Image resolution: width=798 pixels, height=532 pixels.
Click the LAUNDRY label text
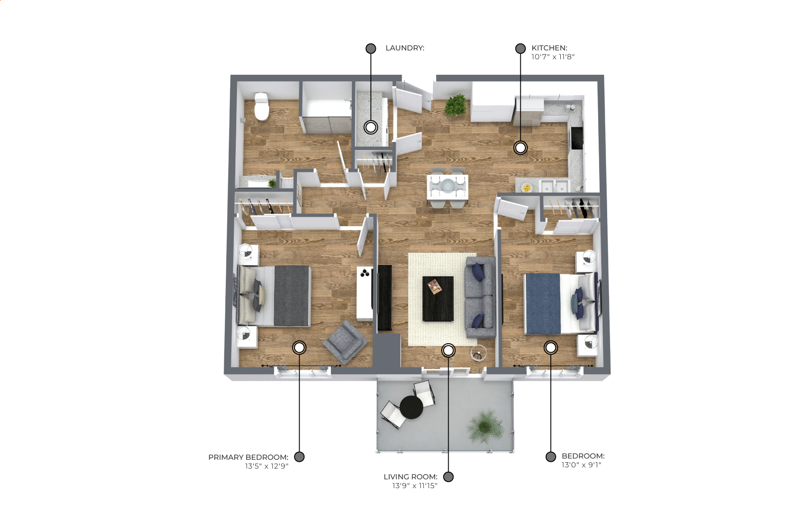(405, 48)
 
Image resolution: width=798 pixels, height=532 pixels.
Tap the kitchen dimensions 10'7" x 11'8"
(553, 57)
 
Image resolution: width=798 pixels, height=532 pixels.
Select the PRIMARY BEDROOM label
(248, 457)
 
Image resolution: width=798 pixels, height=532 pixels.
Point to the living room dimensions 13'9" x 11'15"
(415, 486)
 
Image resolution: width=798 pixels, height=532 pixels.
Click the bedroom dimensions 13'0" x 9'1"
(581, 465)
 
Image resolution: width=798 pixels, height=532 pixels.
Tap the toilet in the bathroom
(262, 106)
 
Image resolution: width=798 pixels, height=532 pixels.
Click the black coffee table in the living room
(438, 299)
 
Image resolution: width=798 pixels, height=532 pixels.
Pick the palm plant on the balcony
(485, 426)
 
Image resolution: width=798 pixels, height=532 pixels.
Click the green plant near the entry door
(455, 105)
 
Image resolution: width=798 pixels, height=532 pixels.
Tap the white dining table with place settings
(448, 187)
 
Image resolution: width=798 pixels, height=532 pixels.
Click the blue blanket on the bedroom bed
(542, 304)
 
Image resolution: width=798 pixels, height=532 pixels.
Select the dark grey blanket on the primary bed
(292, 295)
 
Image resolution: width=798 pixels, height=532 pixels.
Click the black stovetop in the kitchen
(576, 138)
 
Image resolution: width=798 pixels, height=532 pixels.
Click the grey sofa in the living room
(480, 297)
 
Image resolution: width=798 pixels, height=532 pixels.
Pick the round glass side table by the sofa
(478, 353)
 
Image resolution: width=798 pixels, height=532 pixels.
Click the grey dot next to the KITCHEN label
(520, 48)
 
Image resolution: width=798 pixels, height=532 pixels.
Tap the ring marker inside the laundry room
(371, 127)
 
